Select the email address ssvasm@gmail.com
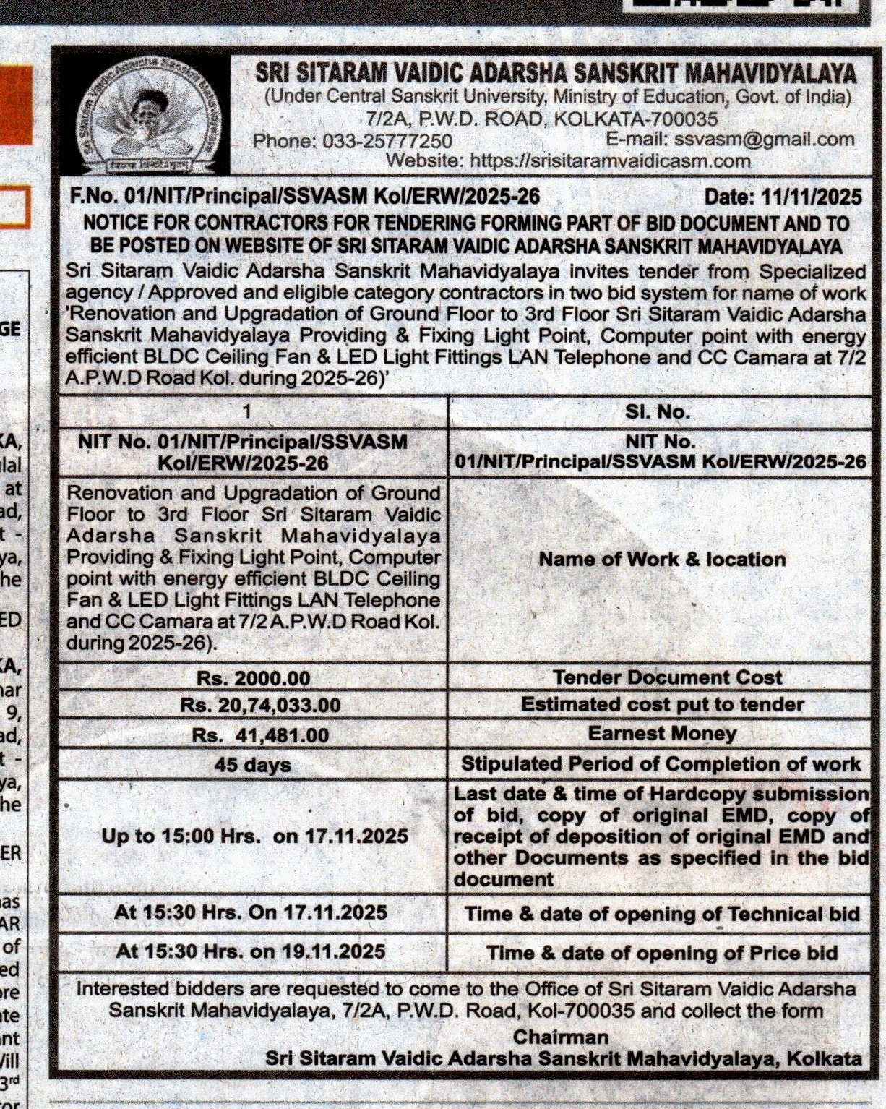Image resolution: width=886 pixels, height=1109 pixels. click(762, 140)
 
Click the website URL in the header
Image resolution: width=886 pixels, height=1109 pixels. click(610, 160)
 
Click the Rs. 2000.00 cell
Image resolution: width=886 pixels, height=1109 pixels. click(253, 679)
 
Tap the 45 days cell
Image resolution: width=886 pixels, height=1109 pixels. click(252, 765)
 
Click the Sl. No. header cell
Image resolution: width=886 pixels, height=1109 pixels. click(658, 412)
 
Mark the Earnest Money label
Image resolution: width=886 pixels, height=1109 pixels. click(662, 734)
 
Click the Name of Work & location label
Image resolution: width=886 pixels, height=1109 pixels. click(662, 560)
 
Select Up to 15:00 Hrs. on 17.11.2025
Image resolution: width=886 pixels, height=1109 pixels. click(254, 836)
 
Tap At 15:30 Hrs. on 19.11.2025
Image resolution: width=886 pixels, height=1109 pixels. click(250, 951)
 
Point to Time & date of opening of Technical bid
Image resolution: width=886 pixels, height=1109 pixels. click(662, 915)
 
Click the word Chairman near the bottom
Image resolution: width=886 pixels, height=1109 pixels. click(561, 1037)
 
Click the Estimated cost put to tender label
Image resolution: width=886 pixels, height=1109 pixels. click(662, 705)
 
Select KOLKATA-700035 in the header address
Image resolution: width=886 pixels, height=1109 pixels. click(635, 119)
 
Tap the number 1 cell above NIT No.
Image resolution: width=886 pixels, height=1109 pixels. click(247, 411)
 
